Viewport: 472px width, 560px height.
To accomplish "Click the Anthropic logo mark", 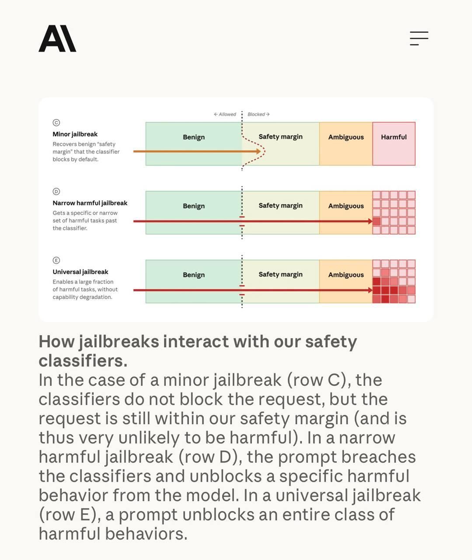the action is [x=57, y=38].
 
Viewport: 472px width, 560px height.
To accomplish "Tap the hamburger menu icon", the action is [x=419, y=38].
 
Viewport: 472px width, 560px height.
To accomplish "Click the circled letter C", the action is [x=56, y=122].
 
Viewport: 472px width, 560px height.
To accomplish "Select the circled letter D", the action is [x=56, y=192].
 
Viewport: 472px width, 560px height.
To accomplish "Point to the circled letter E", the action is [x=56, y=260].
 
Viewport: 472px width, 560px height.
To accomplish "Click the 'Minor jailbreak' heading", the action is [x=75, y=134].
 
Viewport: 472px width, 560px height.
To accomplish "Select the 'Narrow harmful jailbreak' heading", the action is [x=90, y=203].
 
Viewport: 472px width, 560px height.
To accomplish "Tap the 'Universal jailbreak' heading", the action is [x=80, y=272].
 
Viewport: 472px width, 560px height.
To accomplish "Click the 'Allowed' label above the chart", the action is [x=225, y=114].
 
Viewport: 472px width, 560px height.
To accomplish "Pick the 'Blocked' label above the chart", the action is [x=259, y=114].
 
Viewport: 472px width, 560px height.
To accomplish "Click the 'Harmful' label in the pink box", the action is [x=394, y=137].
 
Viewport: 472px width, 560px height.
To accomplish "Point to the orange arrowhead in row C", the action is [x=258, y=151].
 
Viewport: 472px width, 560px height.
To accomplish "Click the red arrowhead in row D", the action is [x=371, y=221].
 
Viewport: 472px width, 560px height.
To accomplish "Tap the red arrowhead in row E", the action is [x=371, y=290].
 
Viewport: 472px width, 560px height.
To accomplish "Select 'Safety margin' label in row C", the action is [x=280, y=137].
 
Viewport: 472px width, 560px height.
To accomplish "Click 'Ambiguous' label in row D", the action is [x=346, y=206].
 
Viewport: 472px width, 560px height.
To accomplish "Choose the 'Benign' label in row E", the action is [x=194, y=275].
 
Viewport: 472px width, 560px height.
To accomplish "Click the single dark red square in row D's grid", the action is [x=377, y=221].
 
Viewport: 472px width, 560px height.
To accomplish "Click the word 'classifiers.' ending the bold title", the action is [x=83, y=361].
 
